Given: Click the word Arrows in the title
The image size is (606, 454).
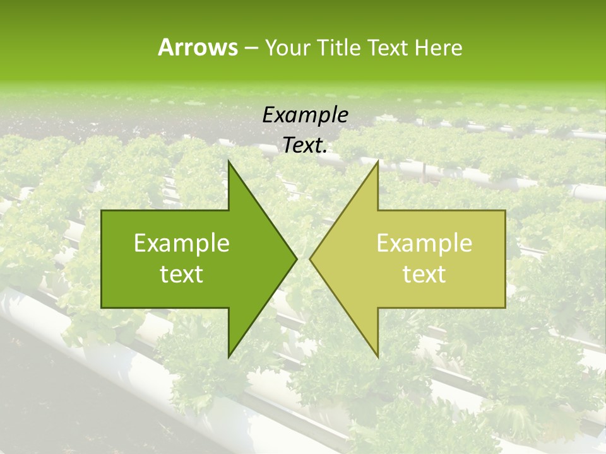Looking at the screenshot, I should click(197, 47).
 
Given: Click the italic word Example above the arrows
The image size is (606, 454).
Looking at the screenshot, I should click(305, 115).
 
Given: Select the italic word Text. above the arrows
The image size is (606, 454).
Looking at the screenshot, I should click(305, 146).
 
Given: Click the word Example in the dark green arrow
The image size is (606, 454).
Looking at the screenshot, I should click(182, 243).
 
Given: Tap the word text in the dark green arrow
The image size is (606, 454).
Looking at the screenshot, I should click(182, 274).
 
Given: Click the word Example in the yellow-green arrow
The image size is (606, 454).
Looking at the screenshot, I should click(424, 243).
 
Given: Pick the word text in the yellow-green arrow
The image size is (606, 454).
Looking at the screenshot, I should click(424, 274).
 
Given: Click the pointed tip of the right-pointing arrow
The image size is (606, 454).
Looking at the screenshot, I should click(297, 259).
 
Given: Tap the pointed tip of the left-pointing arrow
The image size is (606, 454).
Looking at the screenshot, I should click(310, 259).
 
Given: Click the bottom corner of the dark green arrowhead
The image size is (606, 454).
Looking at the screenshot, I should click(229, 357).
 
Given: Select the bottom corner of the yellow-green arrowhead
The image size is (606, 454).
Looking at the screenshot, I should click(377, 357).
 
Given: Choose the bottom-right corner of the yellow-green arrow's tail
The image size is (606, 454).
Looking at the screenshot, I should click(505, 308).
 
